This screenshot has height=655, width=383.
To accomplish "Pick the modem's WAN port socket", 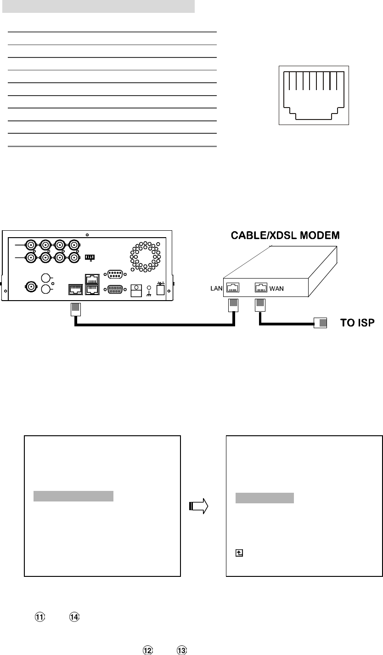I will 261,288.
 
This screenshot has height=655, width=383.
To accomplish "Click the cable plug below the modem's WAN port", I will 260,306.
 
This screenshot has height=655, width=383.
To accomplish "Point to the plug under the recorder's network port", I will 75,309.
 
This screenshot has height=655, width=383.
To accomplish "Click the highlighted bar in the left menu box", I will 73,496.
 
